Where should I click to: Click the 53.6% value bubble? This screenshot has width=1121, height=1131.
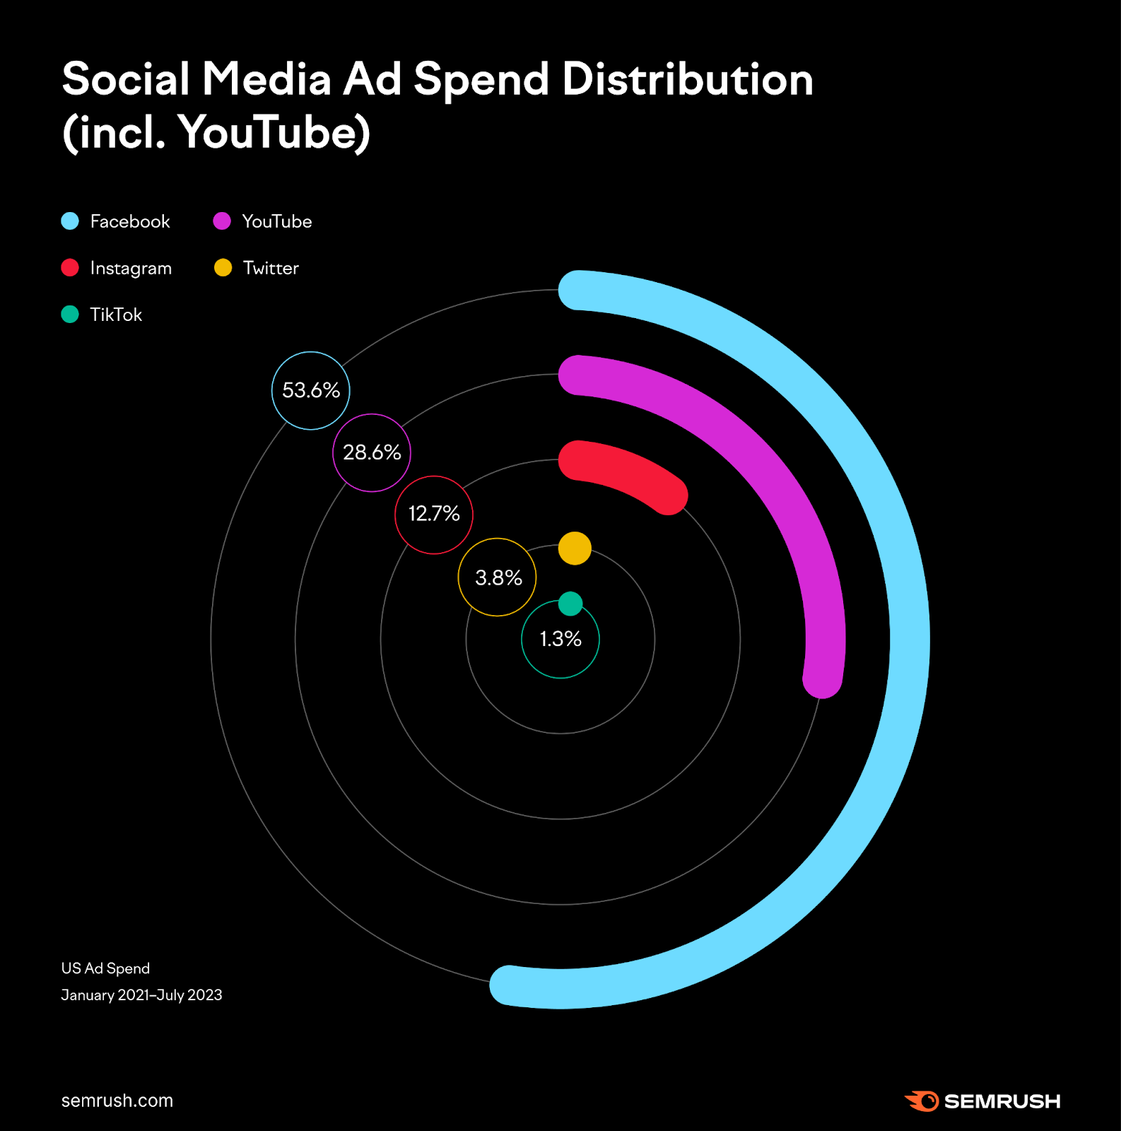coord(311,390)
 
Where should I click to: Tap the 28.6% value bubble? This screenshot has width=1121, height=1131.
coord(372,452)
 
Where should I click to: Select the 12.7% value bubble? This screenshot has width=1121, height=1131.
coord(434,514)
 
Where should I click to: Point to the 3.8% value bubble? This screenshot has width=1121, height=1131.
coord(498,578)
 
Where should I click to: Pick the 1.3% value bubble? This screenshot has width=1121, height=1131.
coord(560,639)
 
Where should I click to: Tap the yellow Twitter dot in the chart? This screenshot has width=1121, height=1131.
coord(575,549)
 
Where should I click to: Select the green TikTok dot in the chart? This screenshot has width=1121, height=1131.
coord(570,604)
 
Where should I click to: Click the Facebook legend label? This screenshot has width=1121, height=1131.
coord(130,221)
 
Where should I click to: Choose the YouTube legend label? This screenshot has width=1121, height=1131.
coord(276,221)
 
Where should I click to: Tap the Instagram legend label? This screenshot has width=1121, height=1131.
coord(131,268)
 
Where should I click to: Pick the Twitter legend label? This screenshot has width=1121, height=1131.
coord(271,268)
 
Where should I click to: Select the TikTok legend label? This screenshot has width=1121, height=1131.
coord(116,315)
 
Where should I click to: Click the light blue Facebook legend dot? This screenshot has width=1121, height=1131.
coord(70,221)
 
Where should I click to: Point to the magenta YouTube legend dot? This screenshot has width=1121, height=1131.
coord(222,221)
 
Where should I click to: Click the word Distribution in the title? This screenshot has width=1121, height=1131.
coord(687,79)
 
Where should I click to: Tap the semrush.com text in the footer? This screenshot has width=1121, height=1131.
coord(117,1101)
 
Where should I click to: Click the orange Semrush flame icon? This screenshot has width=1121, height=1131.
coord(922,1101)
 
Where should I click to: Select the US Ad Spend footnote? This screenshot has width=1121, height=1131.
coord(105,968)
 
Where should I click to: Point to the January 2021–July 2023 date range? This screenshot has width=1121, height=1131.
coord(141,995)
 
